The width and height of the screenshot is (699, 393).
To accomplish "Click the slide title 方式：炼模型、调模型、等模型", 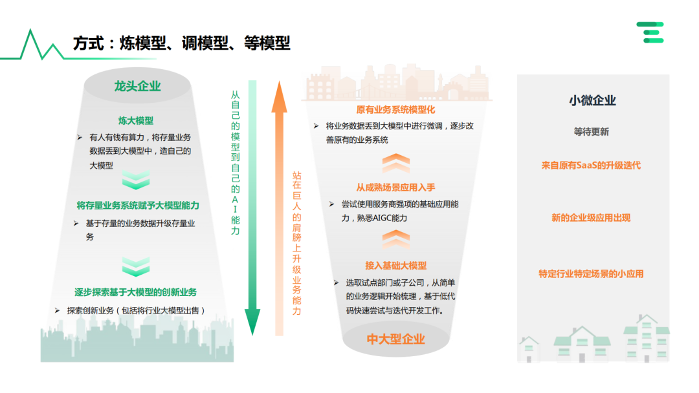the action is click(x=181, y=44).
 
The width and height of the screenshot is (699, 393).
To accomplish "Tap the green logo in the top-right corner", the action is click(x=650, y=32).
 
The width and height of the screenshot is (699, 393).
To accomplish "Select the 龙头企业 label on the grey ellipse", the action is click(x=137, y=86).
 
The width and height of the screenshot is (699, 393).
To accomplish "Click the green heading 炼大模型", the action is click(x=136, y=121).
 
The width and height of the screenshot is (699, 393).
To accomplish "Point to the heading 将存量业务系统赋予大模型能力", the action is click(x=138, y=206).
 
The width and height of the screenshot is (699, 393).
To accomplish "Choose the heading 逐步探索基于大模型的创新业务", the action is click(x=135, y=292).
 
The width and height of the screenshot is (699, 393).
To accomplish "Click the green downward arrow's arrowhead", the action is click(x=252, y=322).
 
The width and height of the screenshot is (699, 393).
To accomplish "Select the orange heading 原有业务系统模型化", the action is click(x=395, y=110).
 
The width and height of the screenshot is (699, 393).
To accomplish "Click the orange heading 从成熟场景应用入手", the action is click(x=395, y=187).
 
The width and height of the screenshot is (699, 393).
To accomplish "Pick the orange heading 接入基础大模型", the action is click(x=395, y=266).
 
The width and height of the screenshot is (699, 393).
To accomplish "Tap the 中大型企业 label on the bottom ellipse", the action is click(x=395, y=339).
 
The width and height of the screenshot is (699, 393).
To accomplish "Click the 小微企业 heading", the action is click(x=592, y=100).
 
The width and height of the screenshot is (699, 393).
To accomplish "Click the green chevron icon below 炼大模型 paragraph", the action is click(x=136, y=180).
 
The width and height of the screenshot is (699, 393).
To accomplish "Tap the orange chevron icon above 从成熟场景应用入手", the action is click(x=395, y=161).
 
